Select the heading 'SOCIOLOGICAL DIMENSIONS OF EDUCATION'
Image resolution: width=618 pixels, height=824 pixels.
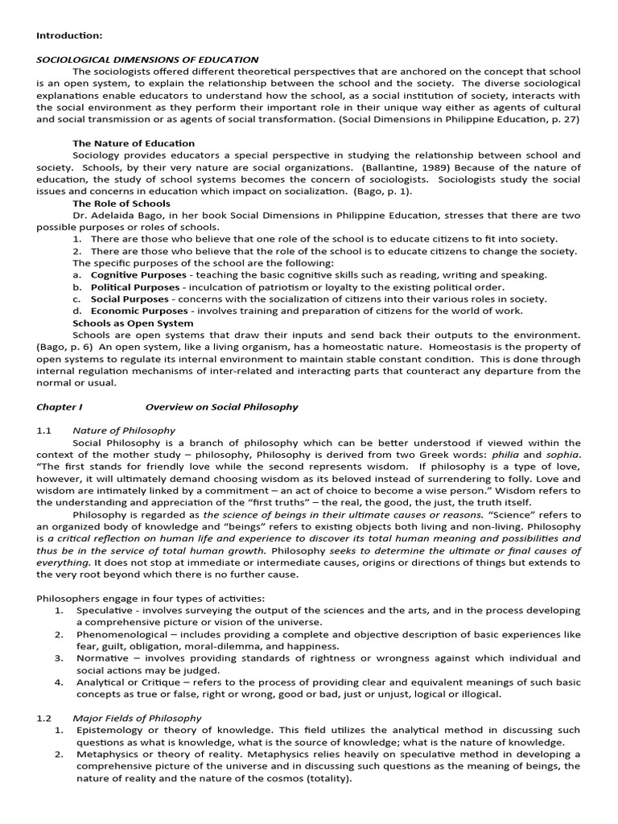click(147, 60)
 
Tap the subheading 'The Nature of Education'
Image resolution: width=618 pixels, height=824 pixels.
click(134, 143)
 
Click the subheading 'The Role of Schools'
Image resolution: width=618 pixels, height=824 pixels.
click(123, 204)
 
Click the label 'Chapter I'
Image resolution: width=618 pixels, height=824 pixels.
click(59, 406)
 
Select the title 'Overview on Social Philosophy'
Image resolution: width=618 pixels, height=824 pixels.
click(221, 406)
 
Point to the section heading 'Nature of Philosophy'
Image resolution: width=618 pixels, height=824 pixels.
click(124, 431)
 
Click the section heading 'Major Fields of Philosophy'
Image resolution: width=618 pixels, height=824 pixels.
click(137, 718)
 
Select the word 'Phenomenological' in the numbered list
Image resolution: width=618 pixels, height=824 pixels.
click(120, 633)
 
